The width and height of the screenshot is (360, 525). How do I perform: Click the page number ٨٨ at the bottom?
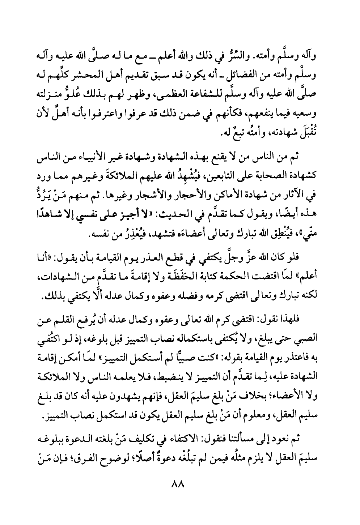(180, 483)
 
